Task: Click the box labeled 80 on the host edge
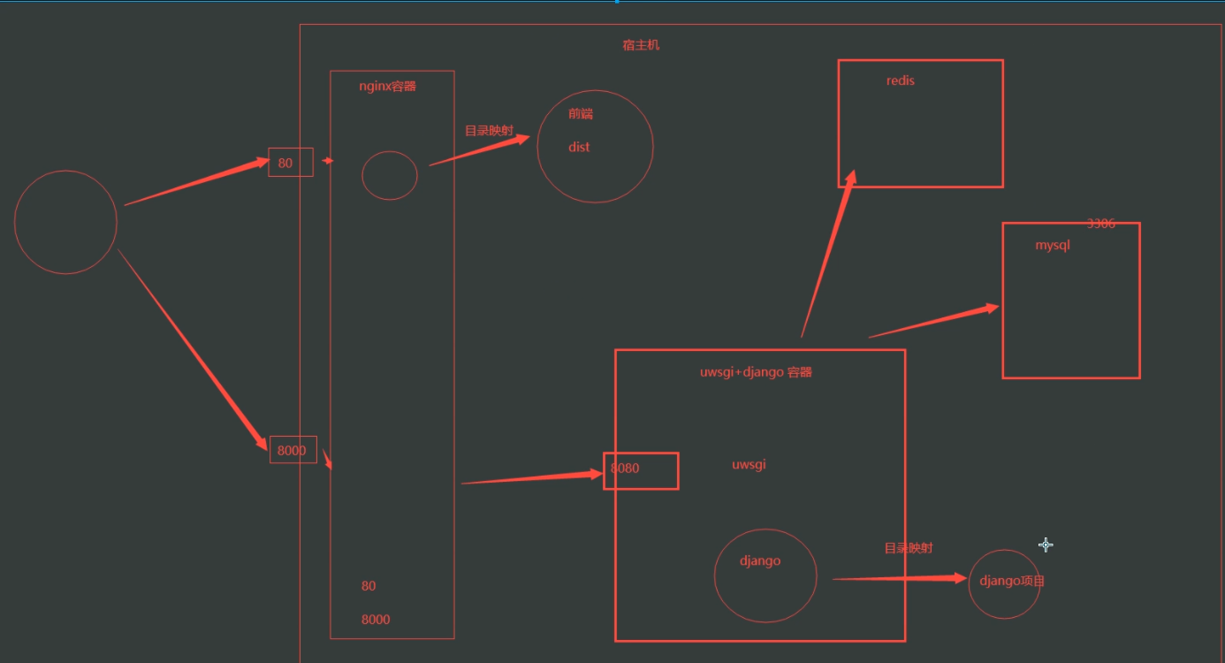tap(290, 163)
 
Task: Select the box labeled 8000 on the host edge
tap(293, 450)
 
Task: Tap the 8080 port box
tap(641, 470)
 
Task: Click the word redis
tap(901, 80)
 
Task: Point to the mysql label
tap(1053, 246)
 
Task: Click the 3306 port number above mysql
tap(1101, 224)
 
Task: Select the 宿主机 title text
tap(641, 45)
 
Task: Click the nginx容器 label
tap(387, 87)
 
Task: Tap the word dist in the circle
tap(579, 148)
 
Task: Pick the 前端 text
tap(581, 114)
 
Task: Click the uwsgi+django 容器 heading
tap(756, 372)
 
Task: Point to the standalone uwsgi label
tap(749, 465)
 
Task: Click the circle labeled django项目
tap(1005, 583)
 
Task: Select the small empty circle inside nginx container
tap(390, 175)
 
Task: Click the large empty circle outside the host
tap(66, 222)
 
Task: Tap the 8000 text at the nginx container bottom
tap(376, 620)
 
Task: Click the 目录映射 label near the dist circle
tap(489, 131)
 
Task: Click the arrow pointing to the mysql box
tap(933, 321)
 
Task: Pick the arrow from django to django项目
tap(900, 579)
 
